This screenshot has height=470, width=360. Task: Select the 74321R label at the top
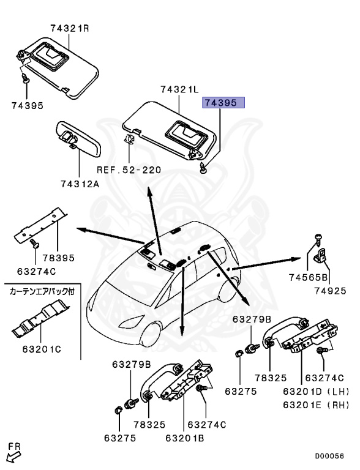point(69,28)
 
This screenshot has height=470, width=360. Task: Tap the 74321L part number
point(180,90)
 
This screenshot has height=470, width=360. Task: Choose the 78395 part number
point(58,258)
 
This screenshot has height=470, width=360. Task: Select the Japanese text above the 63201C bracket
point(42,292)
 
